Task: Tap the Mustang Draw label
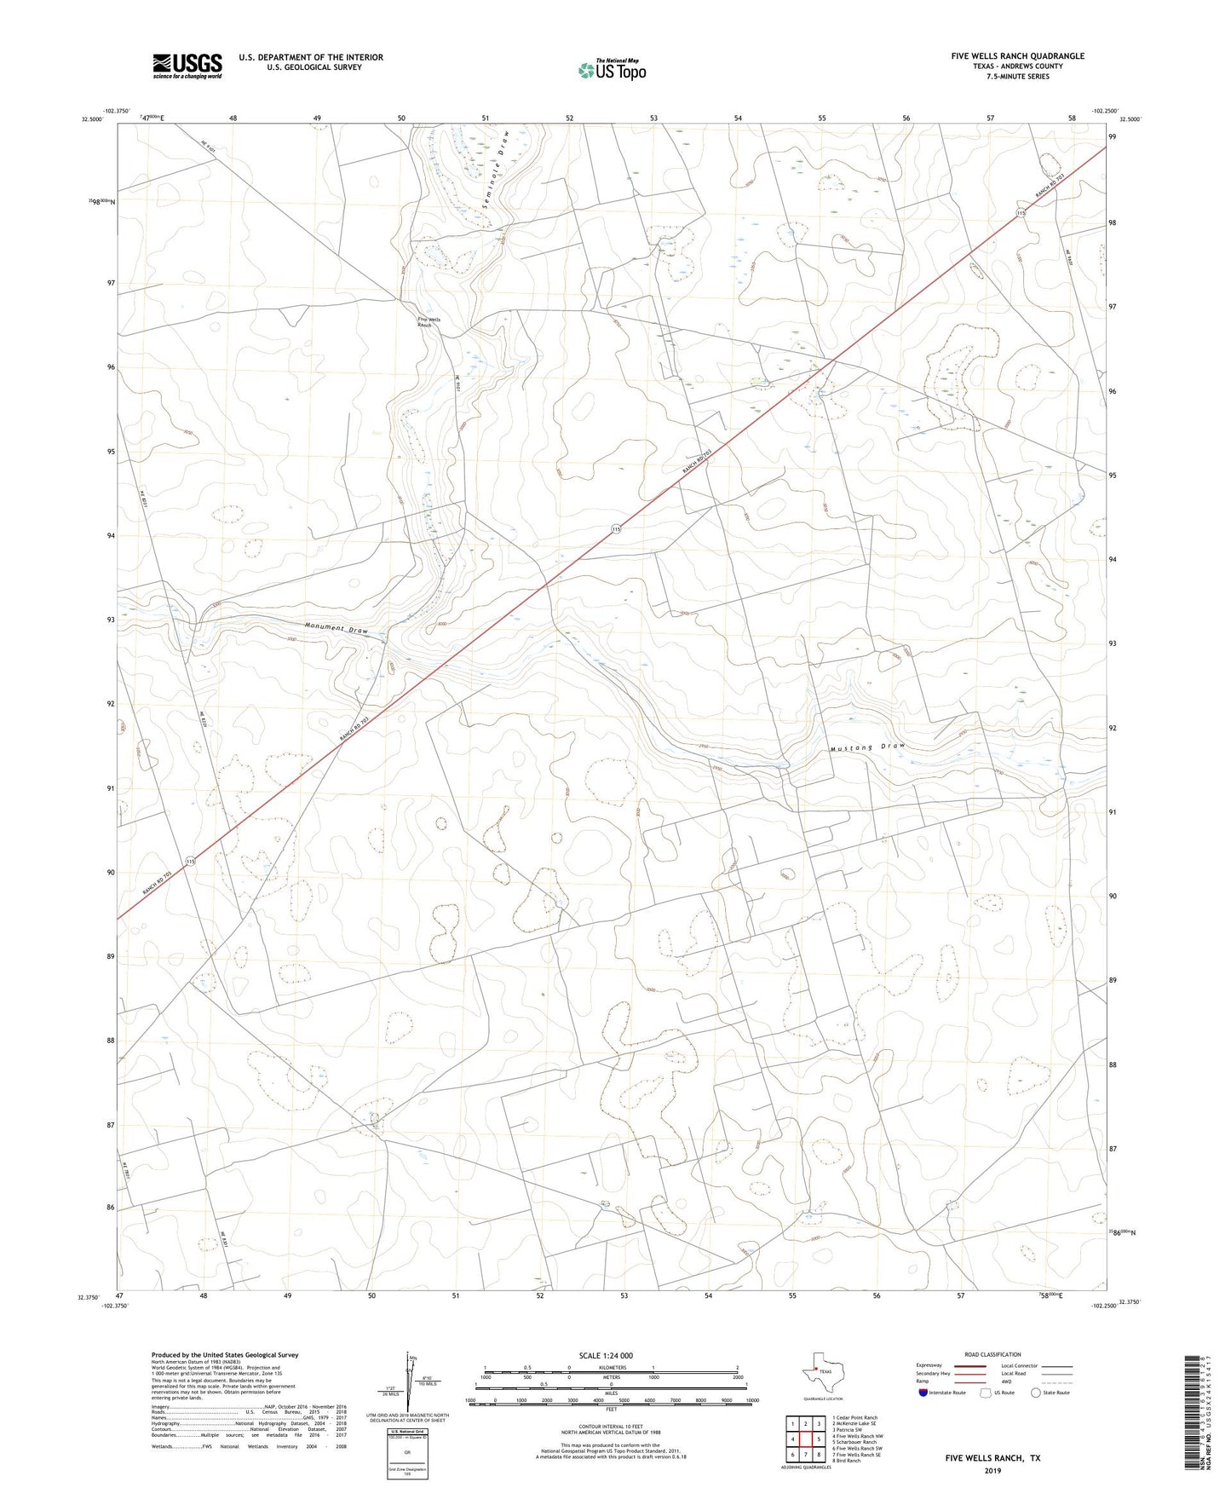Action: (867, 747)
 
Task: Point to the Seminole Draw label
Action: (496, 176)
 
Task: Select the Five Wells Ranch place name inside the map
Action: (429, 322)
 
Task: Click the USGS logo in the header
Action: (187, 66)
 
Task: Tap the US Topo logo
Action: (612, 70)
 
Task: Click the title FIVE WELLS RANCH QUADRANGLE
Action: (1017, 56)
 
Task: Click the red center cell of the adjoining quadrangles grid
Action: (806, 1439)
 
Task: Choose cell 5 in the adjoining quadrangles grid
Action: (819, 1439)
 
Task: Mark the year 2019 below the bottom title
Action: (992, 1470)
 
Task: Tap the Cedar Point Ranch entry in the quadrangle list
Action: (857, 1417)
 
